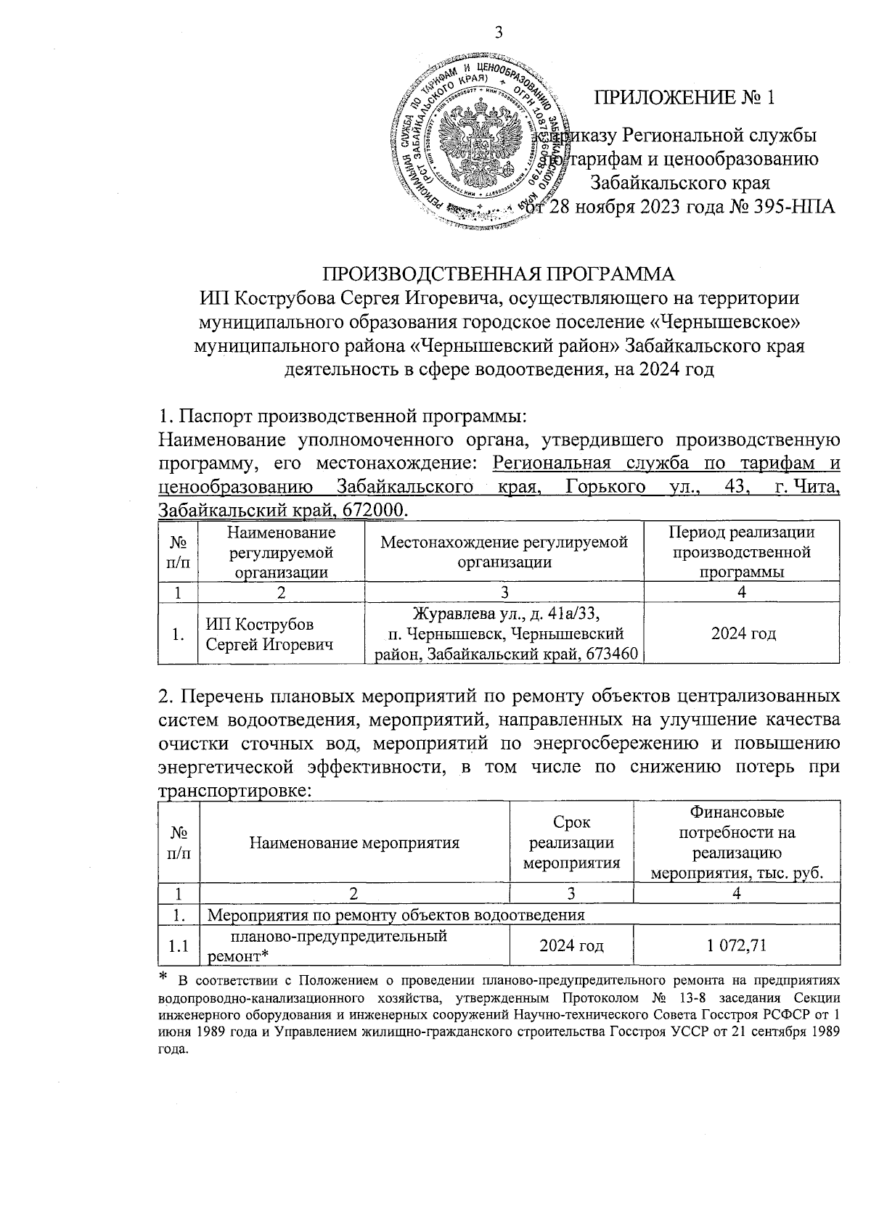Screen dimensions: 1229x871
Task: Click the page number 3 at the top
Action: [498, 32]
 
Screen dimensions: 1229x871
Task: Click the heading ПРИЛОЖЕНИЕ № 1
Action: [685, 97]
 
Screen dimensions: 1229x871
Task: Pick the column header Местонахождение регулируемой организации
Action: [504, 552]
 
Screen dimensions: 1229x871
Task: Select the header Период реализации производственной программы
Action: [741, 552]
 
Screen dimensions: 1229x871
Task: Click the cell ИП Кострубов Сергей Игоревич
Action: [270, 634]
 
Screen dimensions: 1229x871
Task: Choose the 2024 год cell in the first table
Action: [743, 634]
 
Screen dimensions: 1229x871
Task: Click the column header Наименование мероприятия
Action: [354, 842]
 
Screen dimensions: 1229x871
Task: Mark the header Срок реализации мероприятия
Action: [572, 842]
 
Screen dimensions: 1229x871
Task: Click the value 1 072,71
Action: [737, 945]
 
